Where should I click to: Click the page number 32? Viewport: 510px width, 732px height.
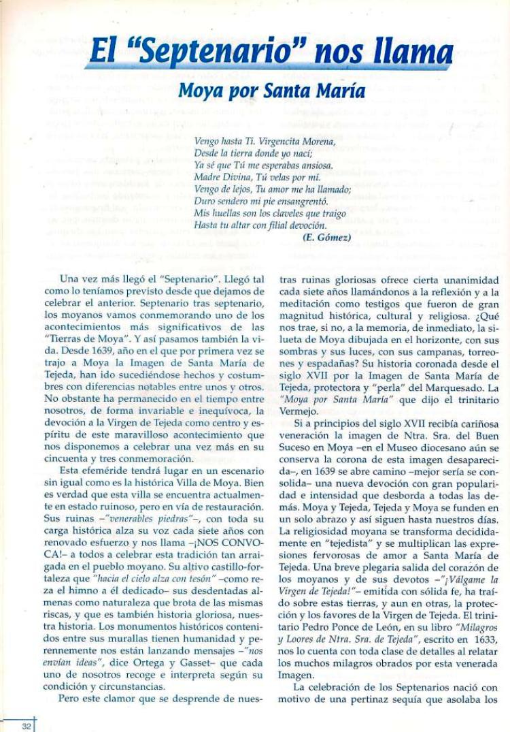pyautogui.click(x=26, y=727)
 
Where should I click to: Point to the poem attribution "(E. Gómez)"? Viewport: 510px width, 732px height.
pyautogui.click(x=326, y=238)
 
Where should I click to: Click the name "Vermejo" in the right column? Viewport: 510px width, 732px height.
pyautogui.click(x=297, y=412)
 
